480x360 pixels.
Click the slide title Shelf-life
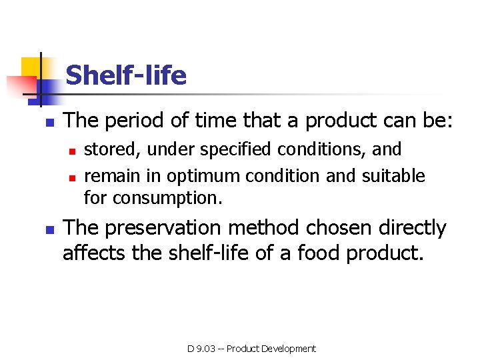(126, 75)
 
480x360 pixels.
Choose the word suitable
(393, 176)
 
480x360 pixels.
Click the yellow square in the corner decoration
(31, 69)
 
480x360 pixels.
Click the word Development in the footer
(289, 349)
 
